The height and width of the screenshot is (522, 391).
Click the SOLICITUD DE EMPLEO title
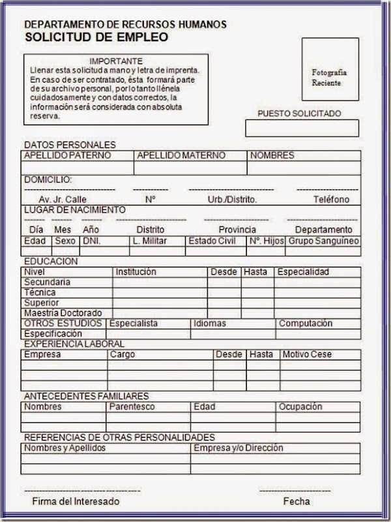(x=96, y=37)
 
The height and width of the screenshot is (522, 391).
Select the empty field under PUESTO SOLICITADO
(x=302, y=129)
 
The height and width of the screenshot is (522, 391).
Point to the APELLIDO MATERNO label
(x=181, y=156)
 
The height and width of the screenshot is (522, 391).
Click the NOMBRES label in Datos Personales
(x=272, y=156)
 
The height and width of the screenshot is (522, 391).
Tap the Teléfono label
(x=331, y=200)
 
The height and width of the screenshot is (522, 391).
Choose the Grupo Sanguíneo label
(x=323, y=241)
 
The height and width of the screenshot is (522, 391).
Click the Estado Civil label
(x=212, y=241)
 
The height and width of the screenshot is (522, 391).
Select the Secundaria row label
(x=47, y=283)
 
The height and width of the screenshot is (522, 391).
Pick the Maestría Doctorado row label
(x=63, y=313)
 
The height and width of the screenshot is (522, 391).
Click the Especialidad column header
(x=303, y=272)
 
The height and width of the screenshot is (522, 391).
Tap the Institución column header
(x=136, y=272)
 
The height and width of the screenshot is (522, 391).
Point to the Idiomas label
(x=210, y=324)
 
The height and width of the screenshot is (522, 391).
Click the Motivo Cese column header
(x=307, y=355)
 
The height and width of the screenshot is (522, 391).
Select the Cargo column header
(x=123, y=355)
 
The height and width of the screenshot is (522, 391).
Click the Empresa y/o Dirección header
(x=238, y=448)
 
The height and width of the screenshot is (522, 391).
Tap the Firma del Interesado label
(x=76, y=502)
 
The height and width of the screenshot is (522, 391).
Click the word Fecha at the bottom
(x=297, y=502)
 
